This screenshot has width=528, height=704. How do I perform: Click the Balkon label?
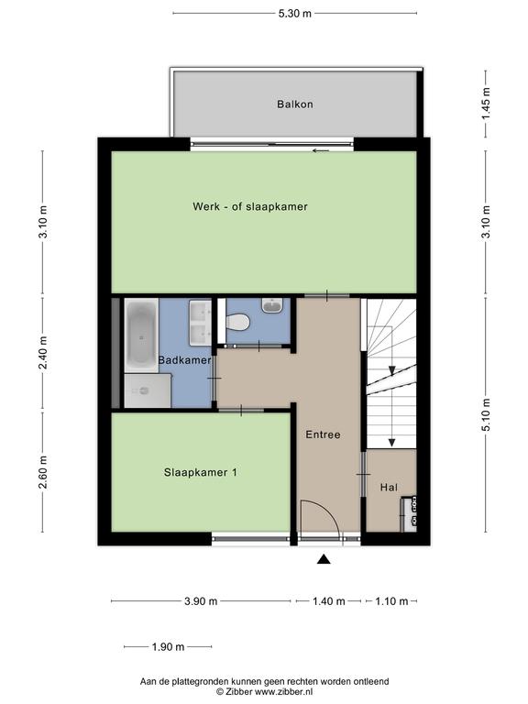pyautogui.click(x=295, y=104)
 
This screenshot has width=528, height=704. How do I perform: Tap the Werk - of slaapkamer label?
pyautogui.click(x=250, y=206)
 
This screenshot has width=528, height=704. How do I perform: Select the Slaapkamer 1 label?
pyautogui.click(x=200, y=472)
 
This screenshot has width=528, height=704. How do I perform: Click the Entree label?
pyautogui.click(x=323, y=434)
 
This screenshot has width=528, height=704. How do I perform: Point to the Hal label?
pyautogui.click(x=389, y=487)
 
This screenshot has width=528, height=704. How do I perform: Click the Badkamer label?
pyautogui.click(x=184, y=360)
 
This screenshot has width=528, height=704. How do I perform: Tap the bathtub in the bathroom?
pyautogui.click(x=141, y=335)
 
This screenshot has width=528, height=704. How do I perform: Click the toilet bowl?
pyautogui.click(x=238, y=322)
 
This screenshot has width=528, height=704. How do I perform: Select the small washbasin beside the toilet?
pyautogui.click(x=272, y=305)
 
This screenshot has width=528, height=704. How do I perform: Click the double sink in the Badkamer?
pyautogui.click(x=200, y=324)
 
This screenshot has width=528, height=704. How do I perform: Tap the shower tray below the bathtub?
pyautogui.click(x=148, y=390)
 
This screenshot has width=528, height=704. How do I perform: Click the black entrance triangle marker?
pyautogui.click(x=324, y=559)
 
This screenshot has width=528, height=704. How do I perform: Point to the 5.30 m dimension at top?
pyautogui.click(x=294, y=14)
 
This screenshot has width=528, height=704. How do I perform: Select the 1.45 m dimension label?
pyautogui.click(x=486, y=104)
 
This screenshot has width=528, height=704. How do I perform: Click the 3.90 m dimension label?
pyautogui.click(x=201, y=601)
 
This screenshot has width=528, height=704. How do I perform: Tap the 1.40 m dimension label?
pyautogui.click(x=329, y=601)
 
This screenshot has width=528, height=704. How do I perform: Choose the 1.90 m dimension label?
pyautogui.click(x=168, y=647)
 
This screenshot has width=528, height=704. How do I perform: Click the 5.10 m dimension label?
pyautogui.click(x=486, y=415)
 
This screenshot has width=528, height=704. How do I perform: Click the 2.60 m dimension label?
pyautogui.click(x=43, y=472)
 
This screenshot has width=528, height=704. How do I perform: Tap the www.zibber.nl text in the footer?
pyautogui.click(x=283, y=692)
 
